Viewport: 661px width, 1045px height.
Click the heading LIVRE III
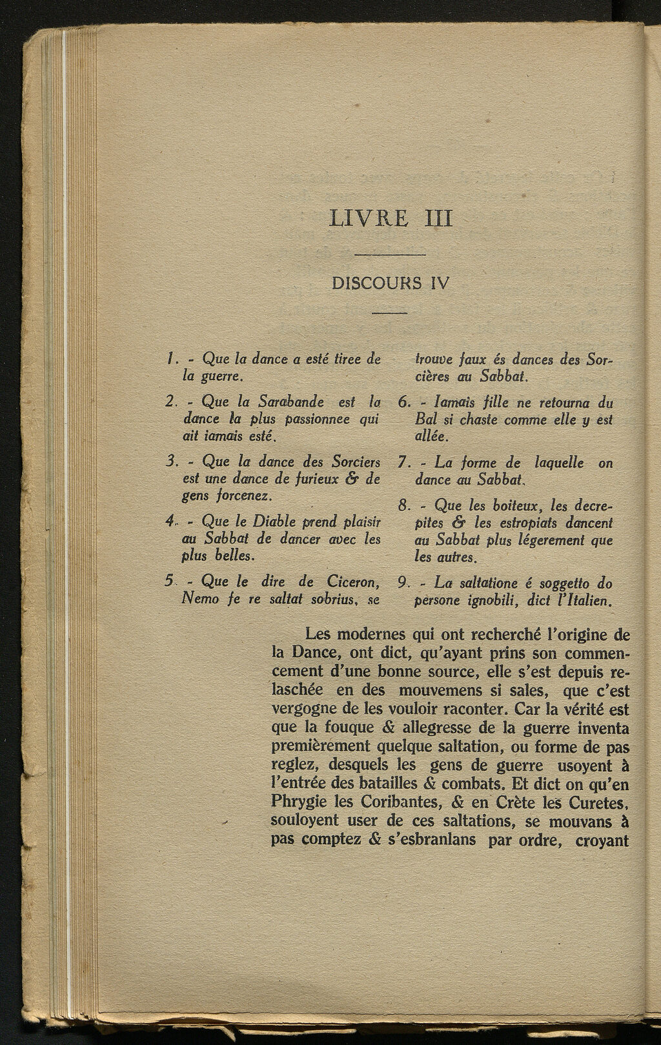pyautogui.click(x=391, y=218)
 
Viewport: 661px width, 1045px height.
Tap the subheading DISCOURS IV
pyautogui.click(x=390, y=283)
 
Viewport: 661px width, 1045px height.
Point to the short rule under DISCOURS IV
pyautogui.click(x=390, y=313)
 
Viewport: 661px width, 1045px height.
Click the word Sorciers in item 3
pyautogui.click(x=356, y=462)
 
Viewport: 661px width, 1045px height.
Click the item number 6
pyautogui.click(x=404, y=403)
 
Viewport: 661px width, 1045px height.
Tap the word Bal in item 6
pyautogui.click(x=426, y=420)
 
